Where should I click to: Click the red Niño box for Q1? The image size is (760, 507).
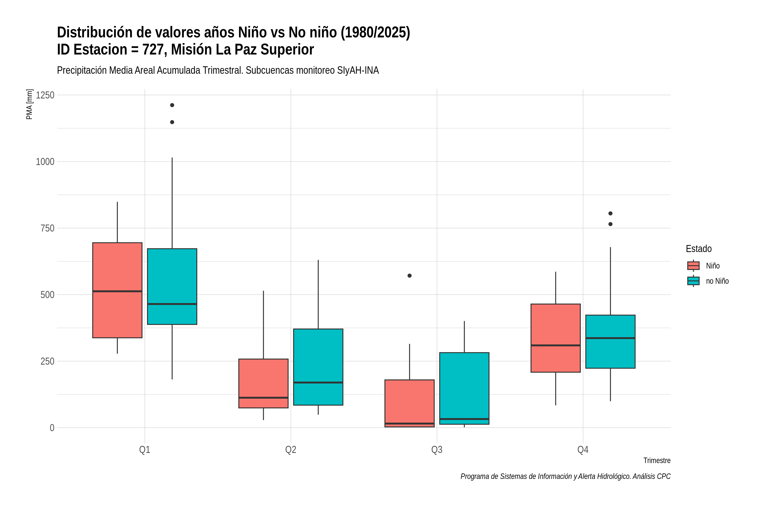(117, 290)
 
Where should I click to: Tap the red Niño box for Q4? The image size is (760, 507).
(555, 338)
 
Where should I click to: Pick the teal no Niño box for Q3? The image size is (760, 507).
(464, 388)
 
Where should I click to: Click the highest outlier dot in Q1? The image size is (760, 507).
(172, 105)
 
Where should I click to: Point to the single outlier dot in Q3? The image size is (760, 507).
(409, 275)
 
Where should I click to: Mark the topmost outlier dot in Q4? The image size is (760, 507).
(610, 213)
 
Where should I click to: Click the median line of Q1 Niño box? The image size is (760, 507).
(117, 291)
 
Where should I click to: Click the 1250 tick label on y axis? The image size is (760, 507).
(45, 95)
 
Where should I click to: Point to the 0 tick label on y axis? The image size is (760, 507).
(52, 428)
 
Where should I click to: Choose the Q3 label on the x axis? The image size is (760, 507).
(437, 450)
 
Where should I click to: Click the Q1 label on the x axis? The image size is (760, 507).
(145, 450)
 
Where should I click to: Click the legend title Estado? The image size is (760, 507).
(699, 249)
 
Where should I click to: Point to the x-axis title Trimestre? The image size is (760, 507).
(657, 461)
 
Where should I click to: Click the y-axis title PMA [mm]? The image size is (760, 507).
(29, 104)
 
